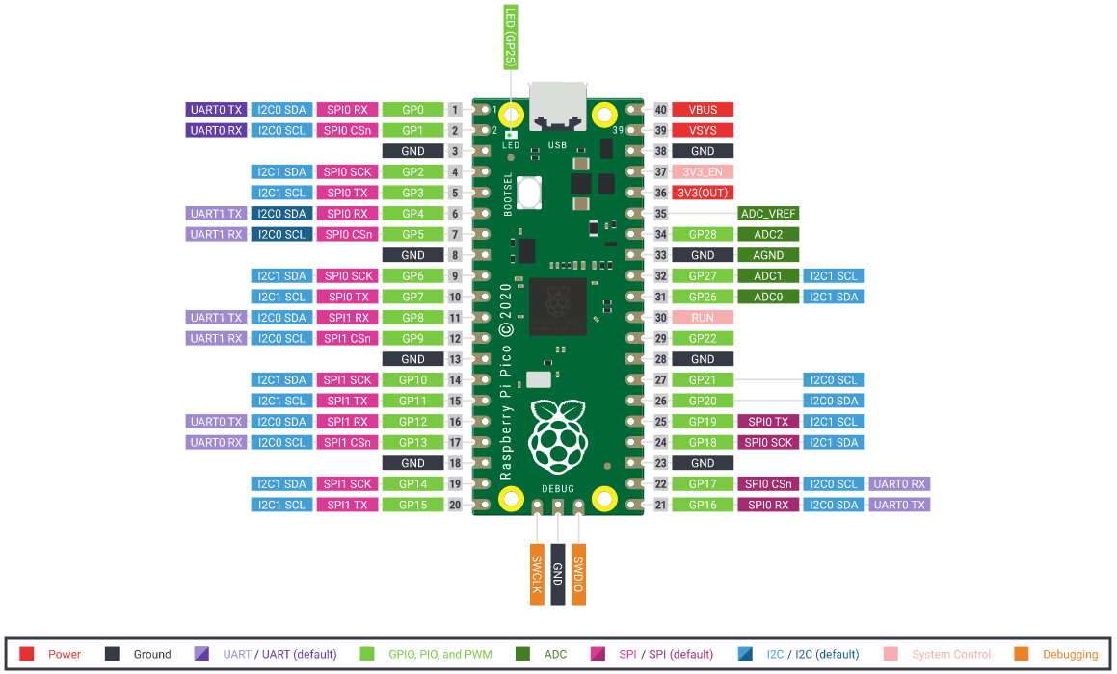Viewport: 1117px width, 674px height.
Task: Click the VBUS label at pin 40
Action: (x=703, y=110)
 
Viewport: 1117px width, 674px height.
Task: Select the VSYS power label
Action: (x=703, y=130)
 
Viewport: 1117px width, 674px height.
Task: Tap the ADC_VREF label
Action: (x=768, y=214)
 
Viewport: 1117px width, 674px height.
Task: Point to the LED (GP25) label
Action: (x=510, y=37)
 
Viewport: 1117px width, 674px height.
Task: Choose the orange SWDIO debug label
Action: (x=578, y=575)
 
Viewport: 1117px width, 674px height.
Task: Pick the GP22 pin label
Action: (x=703, y=338)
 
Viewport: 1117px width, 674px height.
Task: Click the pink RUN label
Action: (x=703, y=318)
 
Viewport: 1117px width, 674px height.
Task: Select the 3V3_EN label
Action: (x=703, y=172)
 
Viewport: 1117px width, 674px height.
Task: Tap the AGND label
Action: (x=768, y=255)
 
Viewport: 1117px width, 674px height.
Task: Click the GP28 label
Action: (x=703, y=234)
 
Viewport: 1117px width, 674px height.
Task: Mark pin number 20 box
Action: (x=456, y=505)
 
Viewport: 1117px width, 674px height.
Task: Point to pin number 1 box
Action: (x=456, y=110)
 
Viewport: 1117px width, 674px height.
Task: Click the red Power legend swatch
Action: (x=27, y=654)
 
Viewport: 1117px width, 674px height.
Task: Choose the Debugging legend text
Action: (x=1070, y=654)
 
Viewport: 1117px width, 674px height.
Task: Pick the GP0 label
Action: (x=413, y=110)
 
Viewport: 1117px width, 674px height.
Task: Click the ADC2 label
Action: (x=768, y=234)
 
